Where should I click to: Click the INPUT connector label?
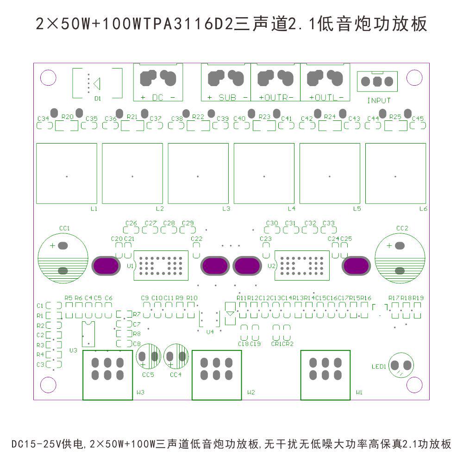379,100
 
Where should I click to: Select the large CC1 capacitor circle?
63,257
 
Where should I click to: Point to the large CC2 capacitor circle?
400,257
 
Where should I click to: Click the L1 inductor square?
67,173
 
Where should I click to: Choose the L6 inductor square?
395,173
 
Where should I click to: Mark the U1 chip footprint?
161,265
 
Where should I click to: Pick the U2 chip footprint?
302,265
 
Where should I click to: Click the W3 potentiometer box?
107,375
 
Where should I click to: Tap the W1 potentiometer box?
325,375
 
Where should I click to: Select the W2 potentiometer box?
217,375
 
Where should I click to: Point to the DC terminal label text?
158,98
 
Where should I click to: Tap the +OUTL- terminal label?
326,98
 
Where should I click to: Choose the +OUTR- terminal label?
276,98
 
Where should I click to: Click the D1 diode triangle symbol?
97,83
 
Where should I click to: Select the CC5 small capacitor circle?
149,356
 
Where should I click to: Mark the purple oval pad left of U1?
107,266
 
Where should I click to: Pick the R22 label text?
198,117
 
